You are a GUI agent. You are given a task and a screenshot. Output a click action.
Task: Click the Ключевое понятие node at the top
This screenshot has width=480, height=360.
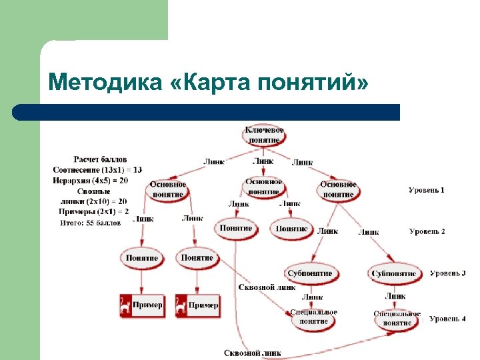265,135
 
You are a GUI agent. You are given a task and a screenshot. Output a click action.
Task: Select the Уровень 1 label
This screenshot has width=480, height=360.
427,191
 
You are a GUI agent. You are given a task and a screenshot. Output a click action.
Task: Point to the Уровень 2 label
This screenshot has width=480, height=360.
427,231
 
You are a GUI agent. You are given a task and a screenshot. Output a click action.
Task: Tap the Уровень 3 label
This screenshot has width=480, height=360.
447,273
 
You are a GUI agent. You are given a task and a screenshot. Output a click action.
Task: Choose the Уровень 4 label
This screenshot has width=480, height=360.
447,319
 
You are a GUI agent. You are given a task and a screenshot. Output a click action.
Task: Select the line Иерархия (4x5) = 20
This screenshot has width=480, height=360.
90,180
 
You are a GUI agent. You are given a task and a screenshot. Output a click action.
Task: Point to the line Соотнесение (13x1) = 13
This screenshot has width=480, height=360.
97,170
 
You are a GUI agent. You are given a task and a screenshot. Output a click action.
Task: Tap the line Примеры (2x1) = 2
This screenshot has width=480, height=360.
93,211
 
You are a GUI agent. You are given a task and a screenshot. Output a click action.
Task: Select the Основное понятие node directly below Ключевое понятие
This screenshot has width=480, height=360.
264,186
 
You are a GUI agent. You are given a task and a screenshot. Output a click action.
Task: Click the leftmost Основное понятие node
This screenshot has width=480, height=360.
168,189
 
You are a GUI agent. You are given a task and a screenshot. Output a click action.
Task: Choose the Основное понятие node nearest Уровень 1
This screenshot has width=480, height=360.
338,189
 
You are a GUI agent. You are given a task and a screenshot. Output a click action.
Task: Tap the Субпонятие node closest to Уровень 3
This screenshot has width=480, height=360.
394,273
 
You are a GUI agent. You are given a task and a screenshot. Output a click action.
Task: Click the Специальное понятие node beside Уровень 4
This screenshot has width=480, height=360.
397,319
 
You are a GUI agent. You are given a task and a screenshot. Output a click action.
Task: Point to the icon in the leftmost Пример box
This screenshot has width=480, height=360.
125,305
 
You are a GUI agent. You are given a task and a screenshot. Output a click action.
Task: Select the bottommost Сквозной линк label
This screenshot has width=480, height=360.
252,353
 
